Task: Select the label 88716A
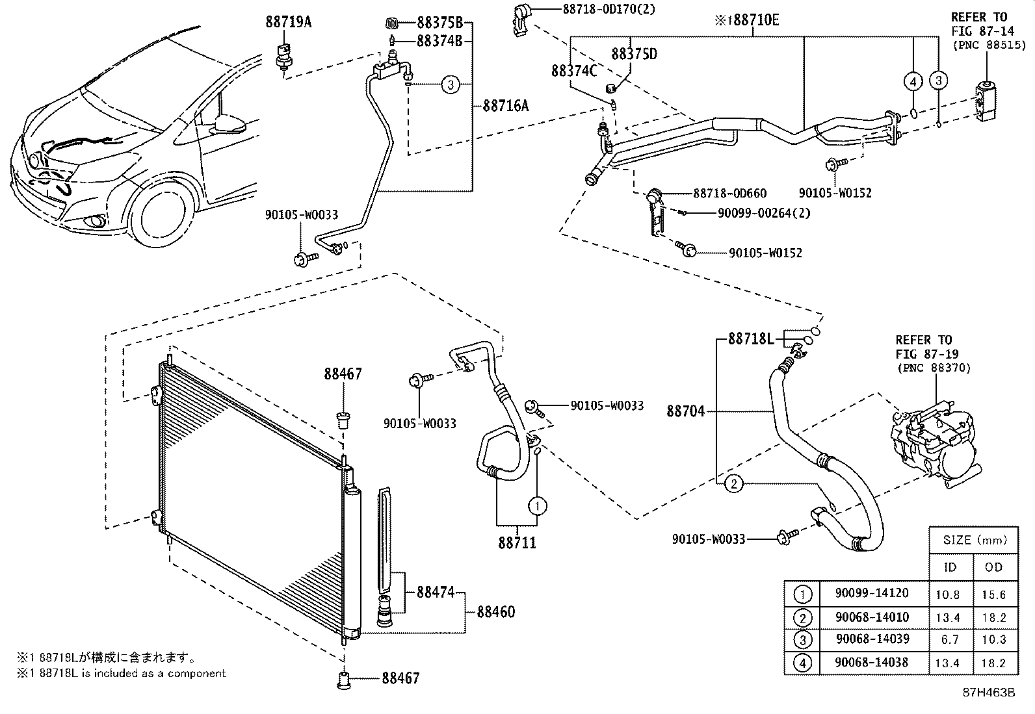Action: coord(505,105)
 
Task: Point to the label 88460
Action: coord(495,612)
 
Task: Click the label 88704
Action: coord(685,411)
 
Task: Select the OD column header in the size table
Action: coord(993,567)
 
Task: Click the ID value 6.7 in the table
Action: coord(950,639)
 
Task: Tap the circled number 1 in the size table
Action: coord(804,594)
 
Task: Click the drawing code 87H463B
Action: coord(989,693)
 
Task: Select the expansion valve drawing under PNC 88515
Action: coord(985,101)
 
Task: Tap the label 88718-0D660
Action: coord(729,193)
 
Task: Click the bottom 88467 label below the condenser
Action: coord(400,678)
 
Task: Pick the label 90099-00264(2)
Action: coord(764,212)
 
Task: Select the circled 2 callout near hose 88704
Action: coord(733,483)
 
